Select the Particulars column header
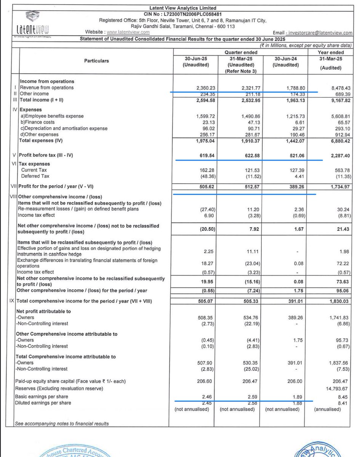point(97,61)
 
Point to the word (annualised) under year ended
point(330,409)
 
